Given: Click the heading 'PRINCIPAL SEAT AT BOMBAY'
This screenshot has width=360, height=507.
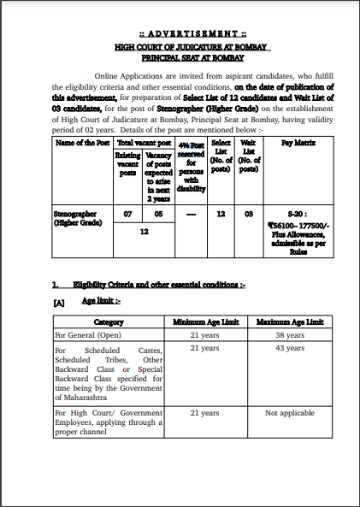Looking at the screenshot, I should [180, 58].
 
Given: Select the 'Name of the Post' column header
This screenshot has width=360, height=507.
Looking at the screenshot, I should [80, 144].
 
